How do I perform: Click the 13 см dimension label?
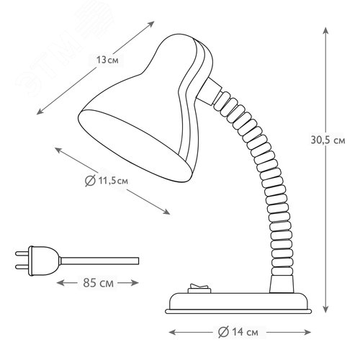point(107,60)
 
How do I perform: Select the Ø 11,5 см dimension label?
point(107,181)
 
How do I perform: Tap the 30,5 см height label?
point(328,140)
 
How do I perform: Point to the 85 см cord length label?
point(98,283)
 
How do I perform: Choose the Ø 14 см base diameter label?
point(238,333)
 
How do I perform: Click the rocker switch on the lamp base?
point(199,289)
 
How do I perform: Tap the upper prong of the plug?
point(22,253)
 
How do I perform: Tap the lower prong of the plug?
point(22,266)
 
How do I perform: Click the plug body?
point(44,261)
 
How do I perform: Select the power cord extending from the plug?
point(99,261)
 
